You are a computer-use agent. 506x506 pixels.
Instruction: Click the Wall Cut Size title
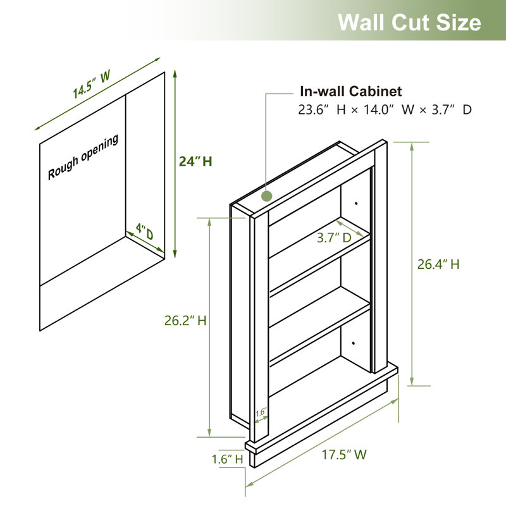click(409, 22)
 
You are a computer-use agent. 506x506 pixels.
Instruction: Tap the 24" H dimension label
click(195, 161)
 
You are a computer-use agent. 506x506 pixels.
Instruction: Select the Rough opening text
click(83, 157)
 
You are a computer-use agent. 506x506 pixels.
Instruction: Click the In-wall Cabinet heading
click(350, 92)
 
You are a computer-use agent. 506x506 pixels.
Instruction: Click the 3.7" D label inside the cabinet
click(334, 238)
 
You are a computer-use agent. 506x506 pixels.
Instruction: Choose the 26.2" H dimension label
click(185, 321)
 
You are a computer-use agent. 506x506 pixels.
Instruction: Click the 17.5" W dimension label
click(344, 454)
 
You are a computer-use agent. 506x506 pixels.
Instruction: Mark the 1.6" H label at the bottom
click(228, 459)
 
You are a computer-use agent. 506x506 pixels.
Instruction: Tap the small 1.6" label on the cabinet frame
click(260, 412)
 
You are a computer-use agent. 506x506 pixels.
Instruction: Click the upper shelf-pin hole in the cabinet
click(357, 204)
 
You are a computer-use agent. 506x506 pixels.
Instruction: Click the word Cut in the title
click(409, 22)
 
